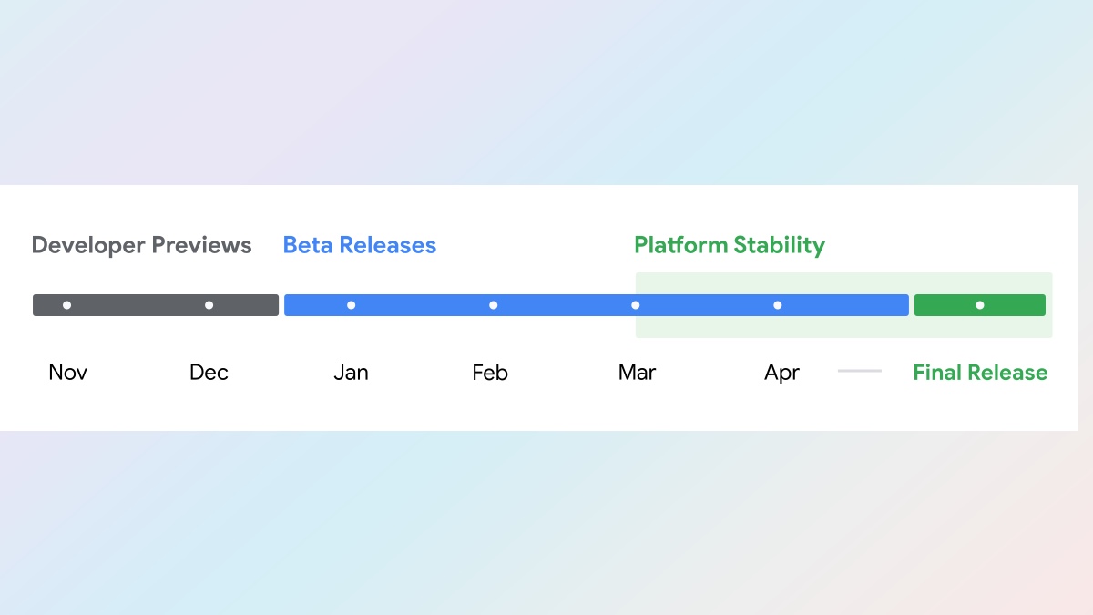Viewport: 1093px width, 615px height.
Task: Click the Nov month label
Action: click(67, 373)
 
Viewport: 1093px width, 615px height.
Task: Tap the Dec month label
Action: click(209, 373)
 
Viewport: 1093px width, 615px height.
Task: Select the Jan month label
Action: click(351, 373)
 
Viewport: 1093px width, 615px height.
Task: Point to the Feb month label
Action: click(490, 373)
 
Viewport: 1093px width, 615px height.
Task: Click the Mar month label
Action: click(637, 373)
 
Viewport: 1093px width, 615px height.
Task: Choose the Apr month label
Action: click(781, 374)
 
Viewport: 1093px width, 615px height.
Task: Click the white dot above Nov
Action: click(66, 305)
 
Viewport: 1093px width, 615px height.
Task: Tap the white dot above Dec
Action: click(209, 305)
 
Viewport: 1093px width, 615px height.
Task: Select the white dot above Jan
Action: click(351, 305)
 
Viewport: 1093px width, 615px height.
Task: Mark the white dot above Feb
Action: click(494, 305)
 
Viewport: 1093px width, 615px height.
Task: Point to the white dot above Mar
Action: click(636, 305)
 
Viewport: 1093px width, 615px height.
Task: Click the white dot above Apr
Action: click(778, 305)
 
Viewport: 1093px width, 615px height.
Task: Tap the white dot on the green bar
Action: click(980, 305)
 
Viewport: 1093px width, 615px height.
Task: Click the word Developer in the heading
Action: click(88, 246)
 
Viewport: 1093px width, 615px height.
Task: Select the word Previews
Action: click(201, 245)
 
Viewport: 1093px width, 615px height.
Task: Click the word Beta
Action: click(308, 245)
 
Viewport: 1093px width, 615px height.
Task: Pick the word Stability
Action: click(780, 246)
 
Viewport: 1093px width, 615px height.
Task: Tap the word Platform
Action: click(680, 245)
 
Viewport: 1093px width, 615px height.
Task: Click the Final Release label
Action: click(980, 373)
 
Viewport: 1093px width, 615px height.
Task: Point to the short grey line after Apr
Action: click(860, 371)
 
